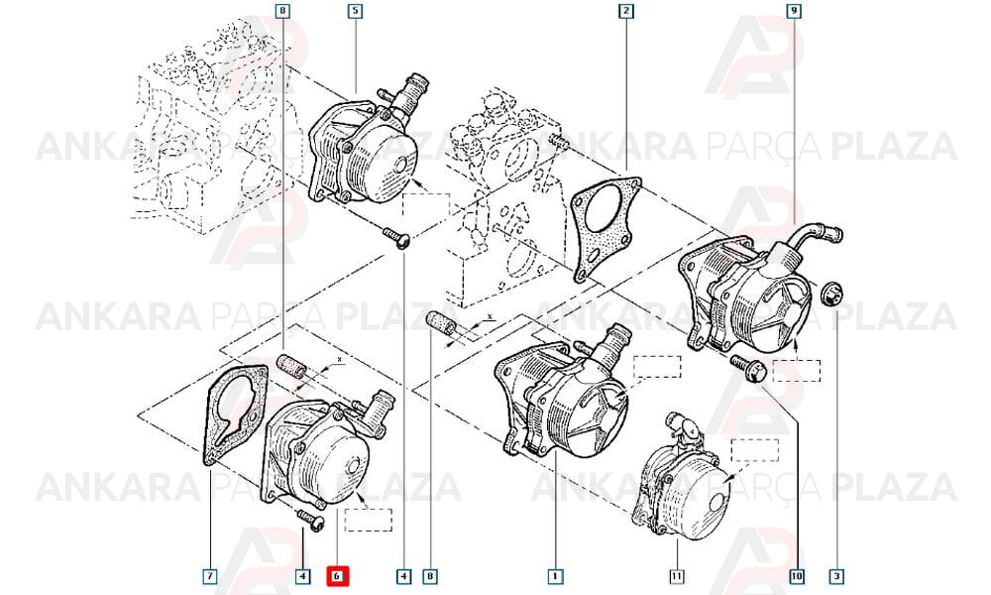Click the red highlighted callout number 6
click(x=337, y=576)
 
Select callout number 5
click(x=355, y=11)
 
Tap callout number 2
click(x=625, y=11)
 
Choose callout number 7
click(x=210, y=576)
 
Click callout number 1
click(x=555, y=576)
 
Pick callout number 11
click(x=677, y=576)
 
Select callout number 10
click(x=797, y=576)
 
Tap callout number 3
click(x=836, y=576)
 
